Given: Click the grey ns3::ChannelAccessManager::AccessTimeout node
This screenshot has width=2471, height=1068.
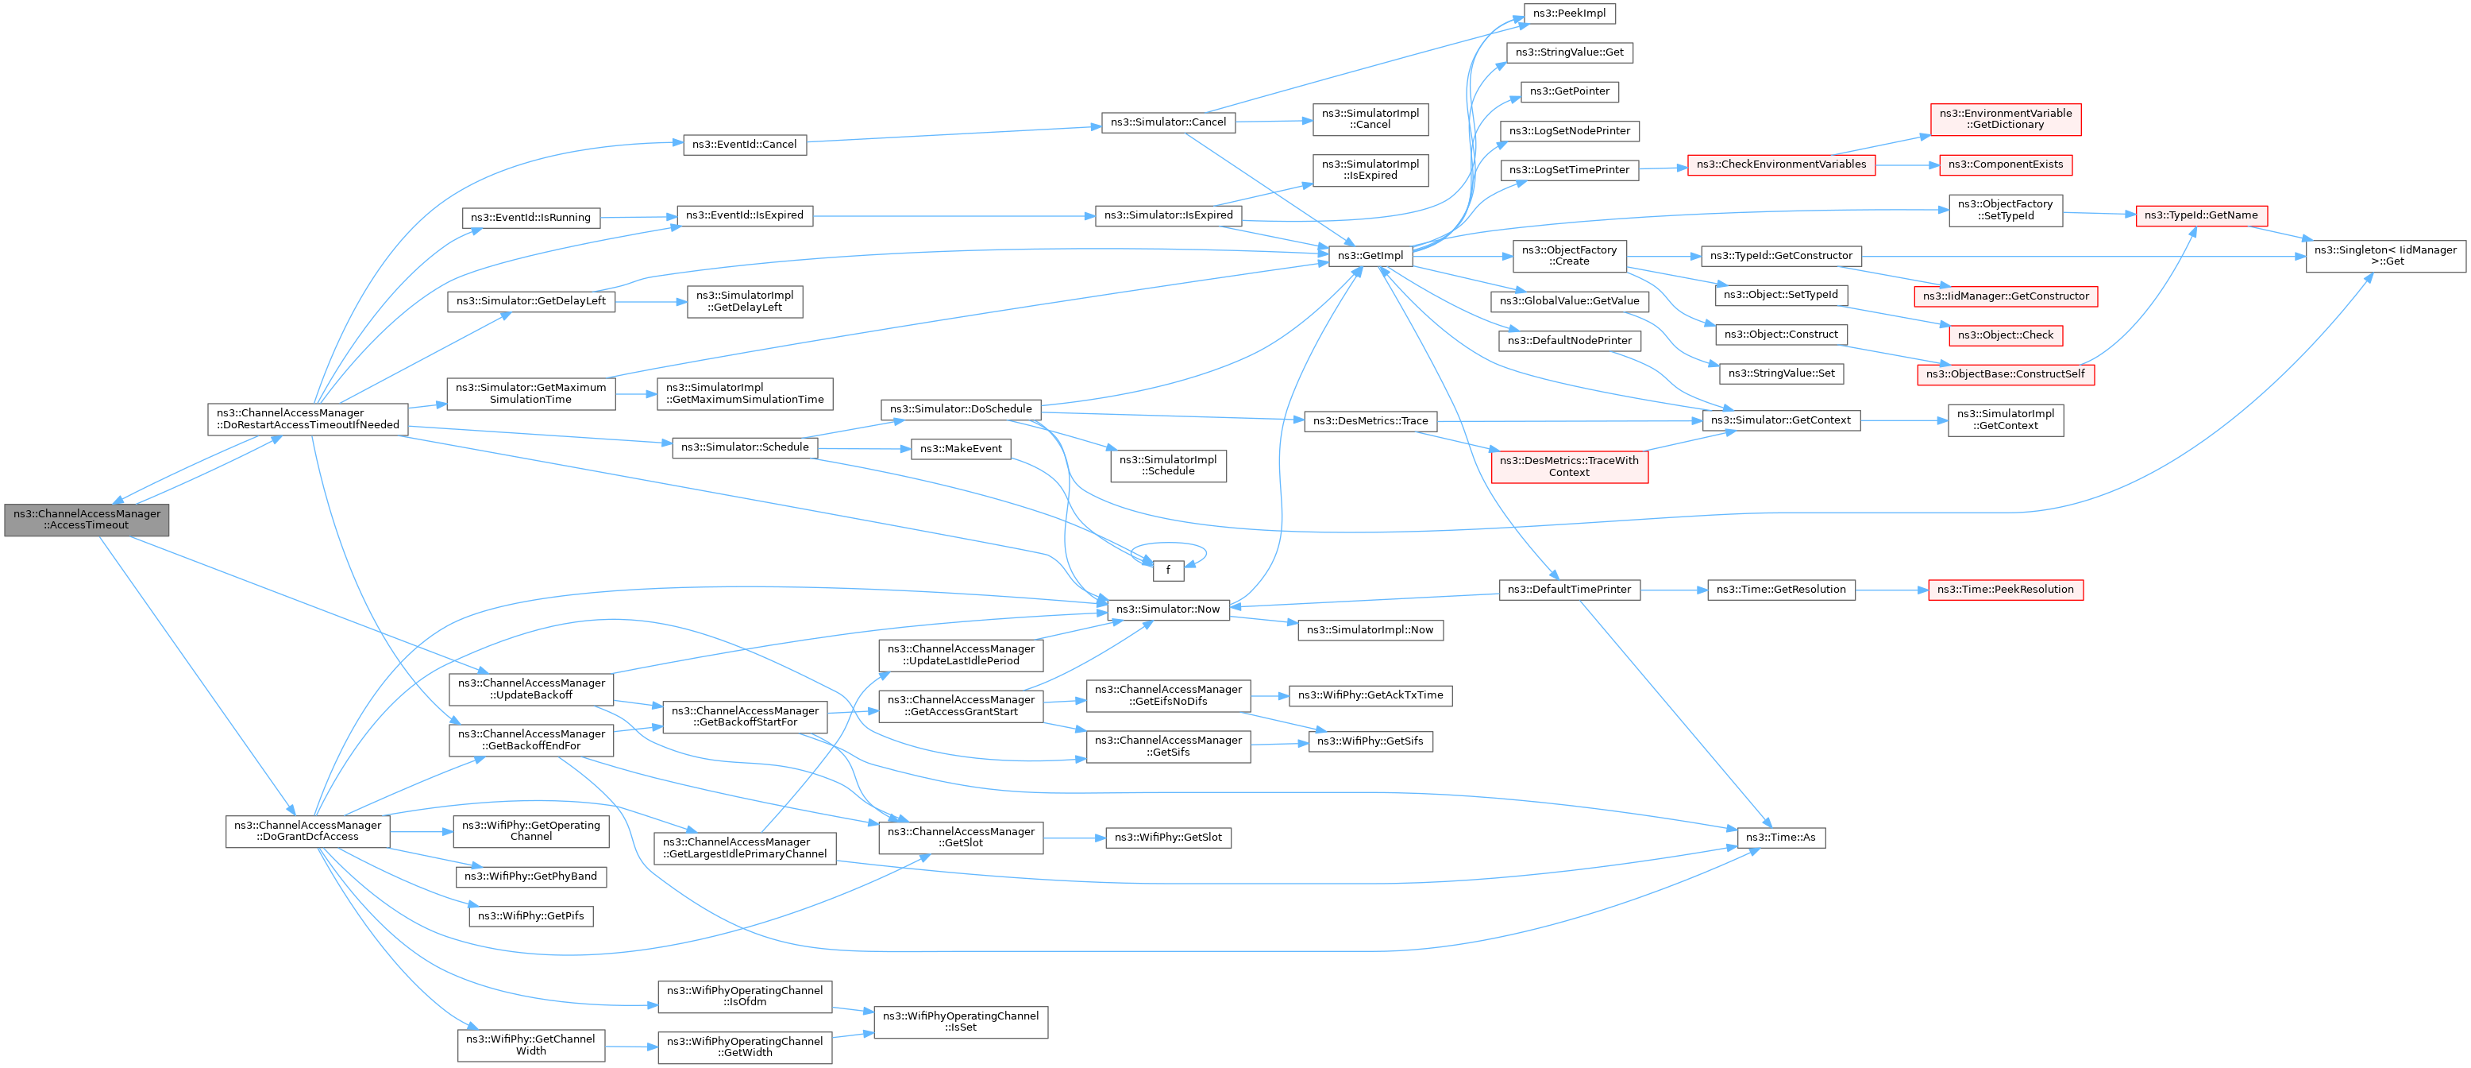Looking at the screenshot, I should pos(87,519).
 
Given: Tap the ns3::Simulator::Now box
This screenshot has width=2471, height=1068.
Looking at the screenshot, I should pos(1167,609).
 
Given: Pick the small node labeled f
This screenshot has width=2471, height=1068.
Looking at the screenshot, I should pos(1167,570).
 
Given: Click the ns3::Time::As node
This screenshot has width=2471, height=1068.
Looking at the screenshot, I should pos(1781,838).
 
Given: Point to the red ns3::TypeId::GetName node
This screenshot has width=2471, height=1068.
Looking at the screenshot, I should pos(2200,215).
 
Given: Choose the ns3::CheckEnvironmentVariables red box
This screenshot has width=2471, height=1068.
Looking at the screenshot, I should pos(1780,164).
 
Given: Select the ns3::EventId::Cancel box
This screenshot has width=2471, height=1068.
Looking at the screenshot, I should pos(744,145).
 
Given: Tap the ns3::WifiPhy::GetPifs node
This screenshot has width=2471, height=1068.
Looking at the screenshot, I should pos(530,916).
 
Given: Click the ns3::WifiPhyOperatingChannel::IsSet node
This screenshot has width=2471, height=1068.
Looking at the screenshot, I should pos(960,1022).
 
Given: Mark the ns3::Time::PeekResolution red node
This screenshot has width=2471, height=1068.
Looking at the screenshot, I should pos(2005,589).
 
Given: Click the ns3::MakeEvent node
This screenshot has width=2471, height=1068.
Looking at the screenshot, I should pos(960,449).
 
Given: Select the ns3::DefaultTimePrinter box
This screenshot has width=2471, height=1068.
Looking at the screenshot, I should pos(1568,589).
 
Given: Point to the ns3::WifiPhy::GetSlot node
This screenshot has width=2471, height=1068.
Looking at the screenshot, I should pos(1167,838).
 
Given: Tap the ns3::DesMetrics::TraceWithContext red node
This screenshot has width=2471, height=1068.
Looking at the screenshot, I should pos(1568,466).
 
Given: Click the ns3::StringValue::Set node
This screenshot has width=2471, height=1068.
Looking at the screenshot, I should pos(1780,373).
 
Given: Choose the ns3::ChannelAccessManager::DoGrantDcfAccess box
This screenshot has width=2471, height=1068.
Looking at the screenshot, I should pos(307,831).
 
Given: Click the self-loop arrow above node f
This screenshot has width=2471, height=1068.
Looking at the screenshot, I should pos(1167,544).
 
